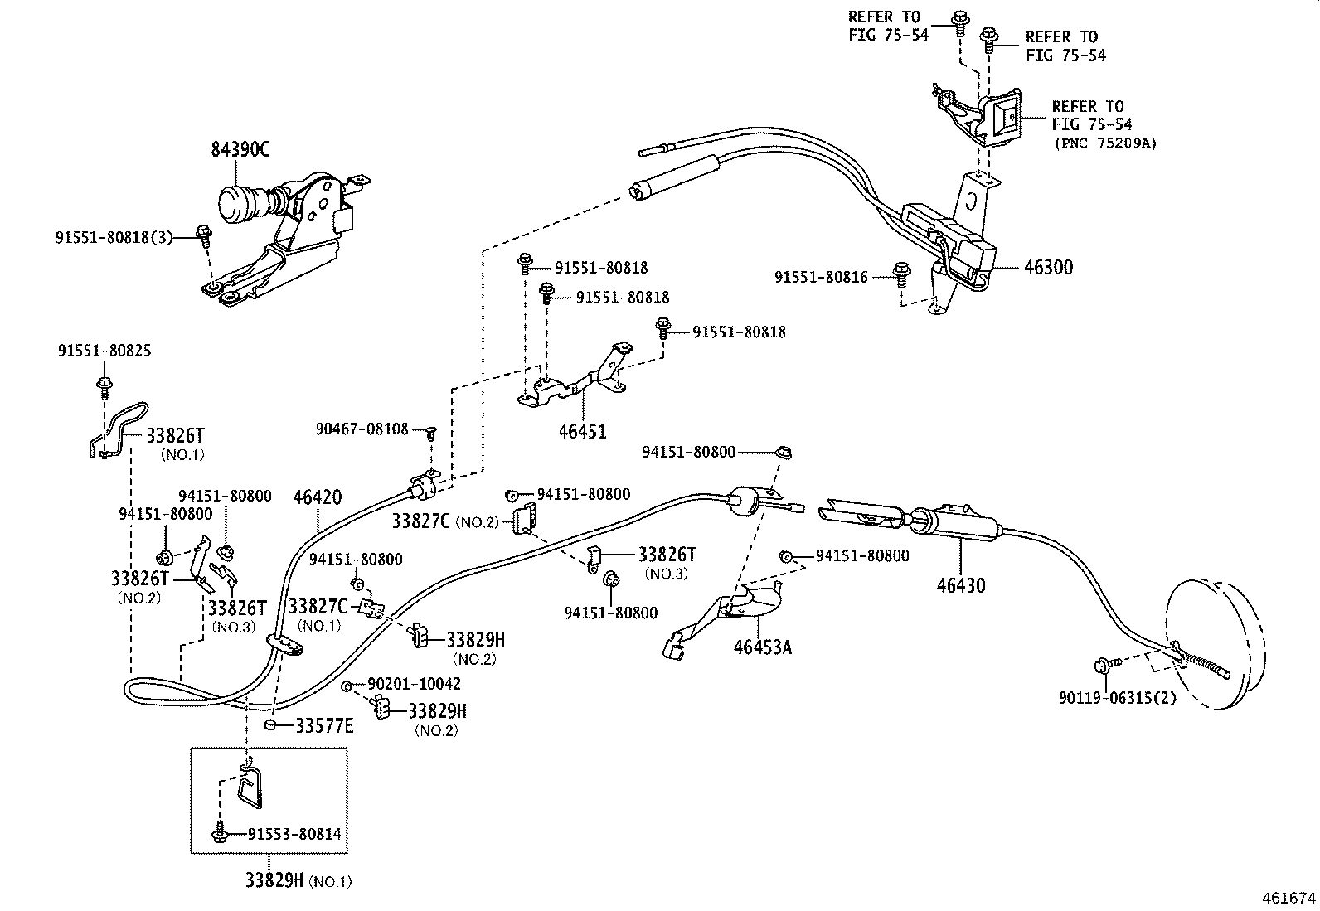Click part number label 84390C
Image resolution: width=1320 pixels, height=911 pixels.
(x=240, y=150)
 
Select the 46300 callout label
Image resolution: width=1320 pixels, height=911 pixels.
(x=1048, y=268)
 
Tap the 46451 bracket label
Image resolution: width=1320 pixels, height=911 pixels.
(x=582, y=431)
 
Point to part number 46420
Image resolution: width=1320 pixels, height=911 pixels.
(x=318, y=497)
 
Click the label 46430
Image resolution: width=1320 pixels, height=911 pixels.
(x=961, y=585)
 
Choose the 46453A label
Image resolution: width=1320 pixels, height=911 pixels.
(x=762, y=647)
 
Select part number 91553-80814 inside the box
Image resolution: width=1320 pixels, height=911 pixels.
(x=294, y=834)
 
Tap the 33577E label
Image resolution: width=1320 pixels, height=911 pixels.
(x=324, y=726)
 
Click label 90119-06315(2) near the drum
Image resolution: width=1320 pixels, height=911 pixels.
(x=1117, y=698)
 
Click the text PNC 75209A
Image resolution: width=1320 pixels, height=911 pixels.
(x=1105, y=143)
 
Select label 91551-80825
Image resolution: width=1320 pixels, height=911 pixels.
(x=104, y=351)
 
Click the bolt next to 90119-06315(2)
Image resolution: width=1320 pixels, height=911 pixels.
(x=1104, y=663)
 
